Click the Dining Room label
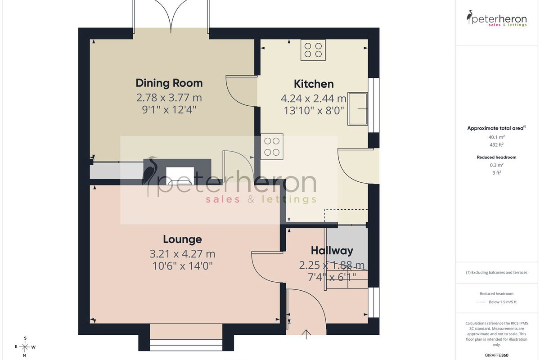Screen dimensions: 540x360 (x=169, y=83)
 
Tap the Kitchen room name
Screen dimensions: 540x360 (x=314, y=84)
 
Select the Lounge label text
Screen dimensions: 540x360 (x=182, y=239)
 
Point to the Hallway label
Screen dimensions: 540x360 (x=332, y=251)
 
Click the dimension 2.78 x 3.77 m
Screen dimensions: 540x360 (x=169, y=98)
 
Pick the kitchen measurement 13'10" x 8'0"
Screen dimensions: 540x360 (x=314, y=111)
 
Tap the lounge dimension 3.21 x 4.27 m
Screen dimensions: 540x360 (x=182, y=254)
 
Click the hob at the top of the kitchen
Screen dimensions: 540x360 (x=313, y=50)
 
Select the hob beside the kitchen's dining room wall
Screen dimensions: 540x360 (x=272, y=146)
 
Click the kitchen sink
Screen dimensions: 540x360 (x=357, y=109)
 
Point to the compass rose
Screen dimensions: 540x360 (x=25, y=347)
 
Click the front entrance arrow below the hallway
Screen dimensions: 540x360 (x=306, y=334)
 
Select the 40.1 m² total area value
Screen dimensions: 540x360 (x=497, y=137)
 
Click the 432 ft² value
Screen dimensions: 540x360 (x=497, y=145)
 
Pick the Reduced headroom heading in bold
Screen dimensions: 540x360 (x=497, y=157)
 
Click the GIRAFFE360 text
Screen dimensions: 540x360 (x=497, y=355)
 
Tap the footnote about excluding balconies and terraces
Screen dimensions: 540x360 (x=497, y=272)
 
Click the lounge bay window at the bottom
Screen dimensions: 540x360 (x=186, y=345)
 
